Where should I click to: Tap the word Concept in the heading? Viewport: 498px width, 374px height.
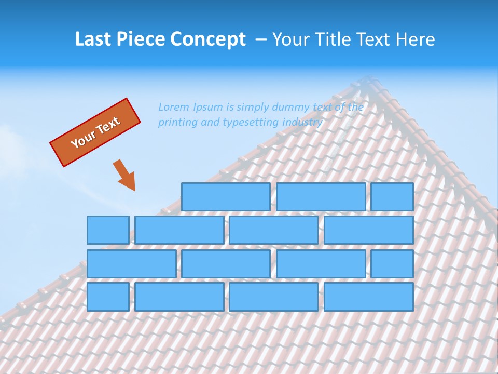tap(208, 39)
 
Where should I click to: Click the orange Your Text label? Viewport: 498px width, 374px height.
tap(95, 132)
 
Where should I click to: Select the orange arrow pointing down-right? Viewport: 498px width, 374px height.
tap(125, 175)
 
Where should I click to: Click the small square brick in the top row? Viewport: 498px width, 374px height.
tap(392, 197)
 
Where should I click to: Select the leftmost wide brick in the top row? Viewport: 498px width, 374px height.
tap(226, 197)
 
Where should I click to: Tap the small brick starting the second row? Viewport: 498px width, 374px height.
tap(108, 230)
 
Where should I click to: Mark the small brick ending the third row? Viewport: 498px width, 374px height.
tap(392, 263)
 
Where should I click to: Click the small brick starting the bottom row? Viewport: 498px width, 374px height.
tap(108, 297)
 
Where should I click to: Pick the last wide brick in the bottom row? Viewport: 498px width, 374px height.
tap(369, 297)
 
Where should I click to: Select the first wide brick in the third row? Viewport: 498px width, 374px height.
tap(131, 263)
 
